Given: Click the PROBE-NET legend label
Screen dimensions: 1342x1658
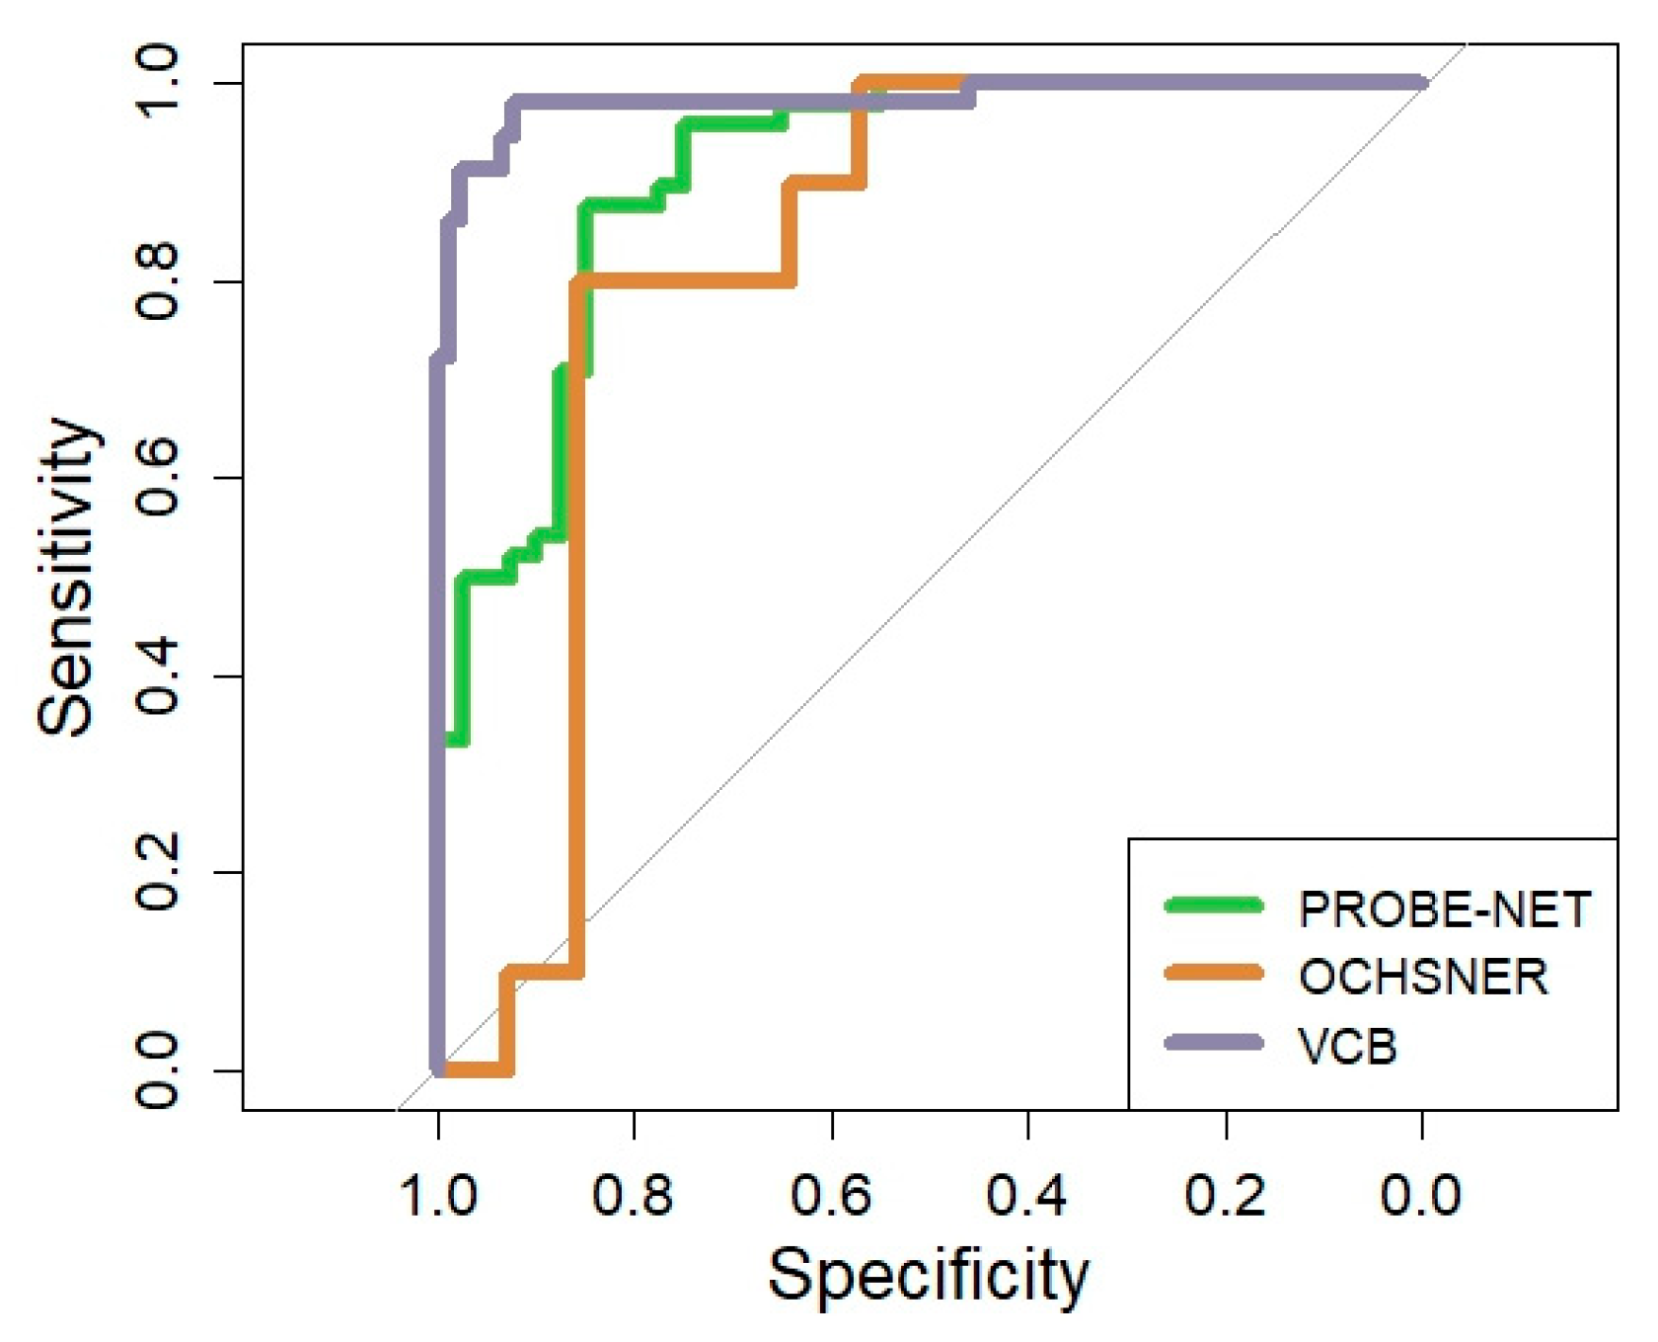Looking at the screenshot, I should [1444, 909].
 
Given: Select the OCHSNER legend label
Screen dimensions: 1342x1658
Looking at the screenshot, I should [1422, 977].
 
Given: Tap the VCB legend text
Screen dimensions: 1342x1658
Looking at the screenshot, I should [1348, 1045].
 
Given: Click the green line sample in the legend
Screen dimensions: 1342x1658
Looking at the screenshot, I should [1214, 906].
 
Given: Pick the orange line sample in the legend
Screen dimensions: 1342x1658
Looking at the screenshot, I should [1214, 974].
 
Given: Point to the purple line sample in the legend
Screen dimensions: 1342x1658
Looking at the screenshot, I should [1214, 1043].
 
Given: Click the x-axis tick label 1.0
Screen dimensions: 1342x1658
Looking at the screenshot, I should [437, 1196].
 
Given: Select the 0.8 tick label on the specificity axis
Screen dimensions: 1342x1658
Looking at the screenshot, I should [633, 1196].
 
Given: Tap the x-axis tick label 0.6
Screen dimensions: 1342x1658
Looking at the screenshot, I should [830, 1196].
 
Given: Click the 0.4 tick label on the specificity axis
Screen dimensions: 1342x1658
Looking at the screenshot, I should [1027, 1196].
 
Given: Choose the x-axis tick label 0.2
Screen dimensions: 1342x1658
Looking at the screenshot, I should [1225, 1196].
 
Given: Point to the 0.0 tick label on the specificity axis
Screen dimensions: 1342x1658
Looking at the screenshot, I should [1421, 1196].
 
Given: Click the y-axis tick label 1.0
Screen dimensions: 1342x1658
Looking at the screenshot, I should [157, 83].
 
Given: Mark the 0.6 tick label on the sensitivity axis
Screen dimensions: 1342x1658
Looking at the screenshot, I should [157, 479].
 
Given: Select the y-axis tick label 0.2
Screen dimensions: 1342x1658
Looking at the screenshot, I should [157, 873].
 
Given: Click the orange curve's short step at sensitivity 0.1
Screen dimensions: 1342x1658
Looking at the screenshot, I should [541, 972].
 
